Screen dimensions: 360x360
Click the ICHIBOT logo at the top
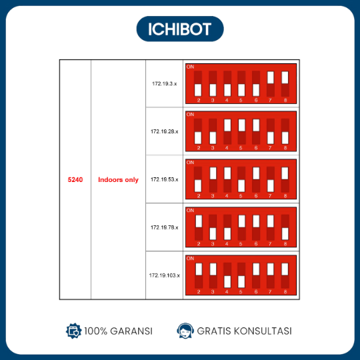coord(180,29)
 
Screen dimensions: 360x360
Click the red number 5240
coord(75,179)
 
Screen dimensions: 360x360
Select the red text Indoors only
coord(118,179)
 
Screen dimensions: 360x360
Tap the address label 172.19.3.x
coord(165,83)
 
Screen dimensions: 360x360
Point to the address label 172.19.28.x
coord(165,131)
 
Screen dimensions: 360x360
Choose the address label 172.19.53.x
coord(165,179)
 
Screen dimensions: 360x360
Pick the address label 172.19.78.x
coord(165,227)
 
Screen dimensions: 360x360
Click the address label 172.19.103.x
coord(165,275)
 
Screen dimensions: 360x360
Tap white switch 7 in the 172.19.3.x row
coord(271,77)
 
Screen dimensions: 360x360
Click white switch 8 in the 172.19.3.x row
coord(285,77)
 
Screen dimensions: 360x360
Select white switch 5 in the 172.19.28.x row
coord(241,125)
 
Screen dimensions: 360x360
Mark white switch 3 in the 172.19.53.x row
coord(213,173)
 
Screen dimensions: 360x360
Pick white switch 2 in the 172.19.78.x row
coord(199,221)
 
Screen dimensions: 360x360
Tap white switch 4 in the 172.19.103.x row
coord(227,282)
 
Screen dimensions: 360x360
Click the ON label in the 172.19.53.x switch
coord(190,163)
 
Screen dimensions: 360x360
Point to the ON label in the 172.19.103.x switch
coord(190,259)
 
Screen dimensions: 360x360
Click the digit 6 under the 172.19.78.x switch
coord(256,244)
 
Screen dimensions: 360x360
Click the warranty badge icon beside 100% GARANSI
coord(73,331)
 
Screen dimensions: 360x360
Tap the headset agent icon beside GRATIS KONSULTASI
coord(185,331)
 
